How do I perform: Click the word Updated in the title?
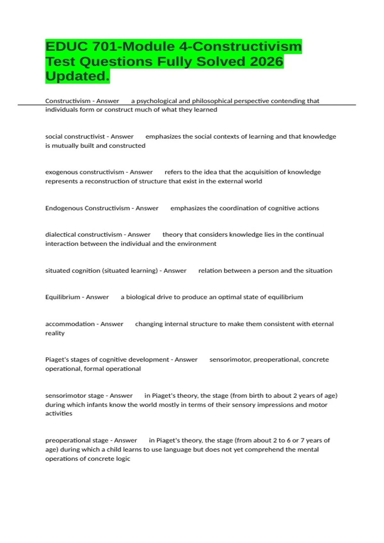(x=77, y=76)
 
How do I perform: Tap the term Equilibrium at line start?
(x=62, y=297)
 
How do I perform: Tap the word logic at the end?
(x=123, y=459)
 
